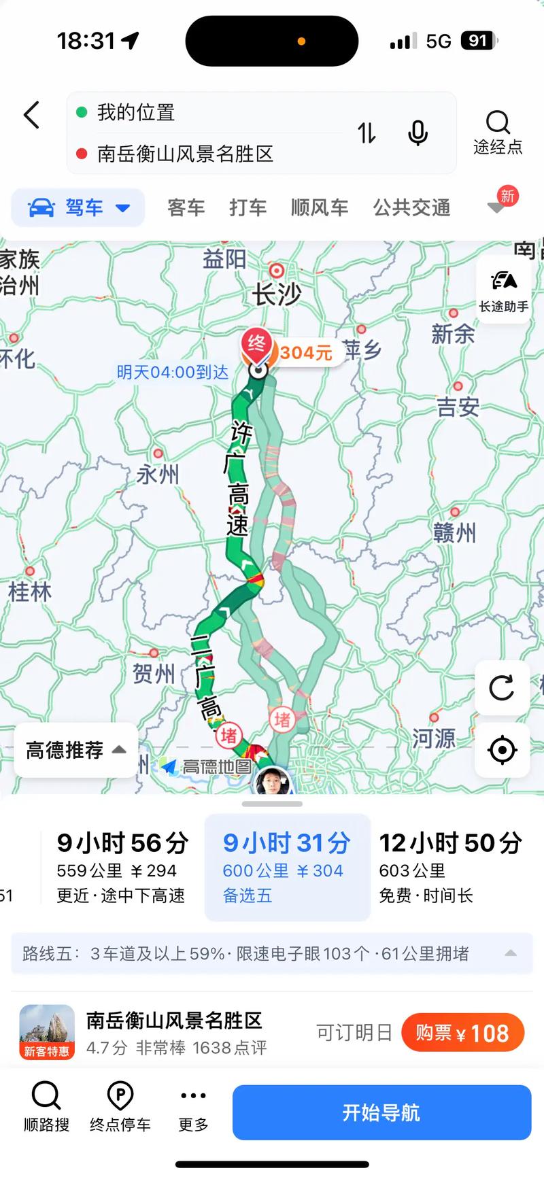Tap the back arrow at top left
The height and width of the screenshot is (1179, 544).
[32, 115]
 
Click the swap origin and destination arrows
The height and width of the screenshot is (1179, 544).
[367, 133]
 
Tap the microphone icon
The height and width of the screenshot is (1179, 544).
[418, 133]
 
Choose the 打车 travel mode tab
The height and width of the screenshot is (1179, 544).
[248, 207]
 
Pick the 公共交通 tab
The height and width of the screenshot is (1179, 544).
[411, 207]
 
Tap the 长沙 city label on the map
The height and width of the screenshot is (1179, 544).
[277, 294]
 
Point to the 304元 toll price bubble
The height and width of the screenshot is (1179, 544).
[306, 353]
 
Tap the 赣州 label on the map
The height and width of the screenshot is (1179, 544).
[454, 532]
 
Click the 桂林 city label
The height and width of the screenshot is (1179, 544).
[29, 591]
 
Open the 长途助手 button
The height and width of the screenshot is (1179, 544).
[503, 290]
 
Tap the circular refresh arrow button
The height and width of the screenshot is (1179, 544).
[502, 688]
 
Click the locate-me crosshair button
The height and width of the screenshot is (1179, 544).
[502, 751]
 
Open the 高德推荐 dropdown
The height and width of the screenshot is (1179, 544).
[75, 750]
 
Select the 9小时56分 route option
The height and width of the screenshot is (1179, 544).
[122, 867]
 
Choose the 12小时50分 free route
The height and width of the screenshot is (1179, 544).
[450, 867]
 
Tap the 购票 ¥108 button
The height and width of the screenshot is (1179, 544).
[462, 1033]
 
